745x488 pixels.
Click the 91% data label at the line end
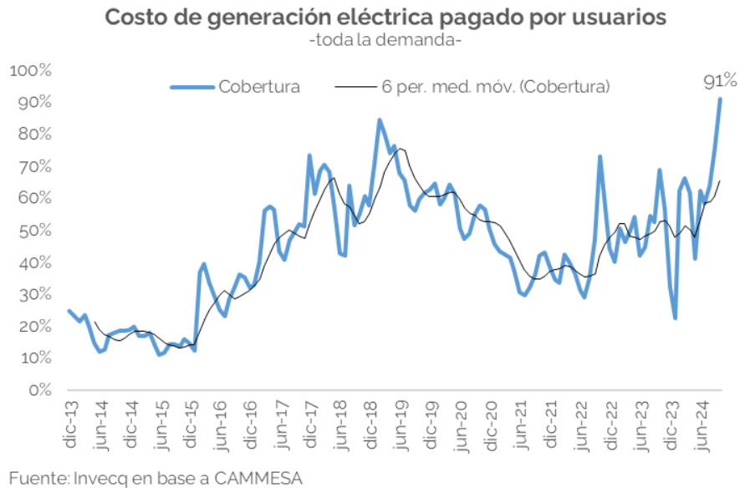[719, 82]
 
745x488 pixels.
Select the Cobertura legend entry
[258, 86]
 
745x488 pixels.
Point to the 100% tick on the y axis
[30, 70]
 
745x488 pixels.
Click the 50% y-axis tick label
[33, 231]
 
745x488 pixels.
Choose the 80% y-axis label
[33, 135]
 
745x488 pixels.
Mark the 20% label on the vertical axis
[33, 327]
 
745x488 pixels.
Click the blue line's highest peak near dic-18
[380, 120]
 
